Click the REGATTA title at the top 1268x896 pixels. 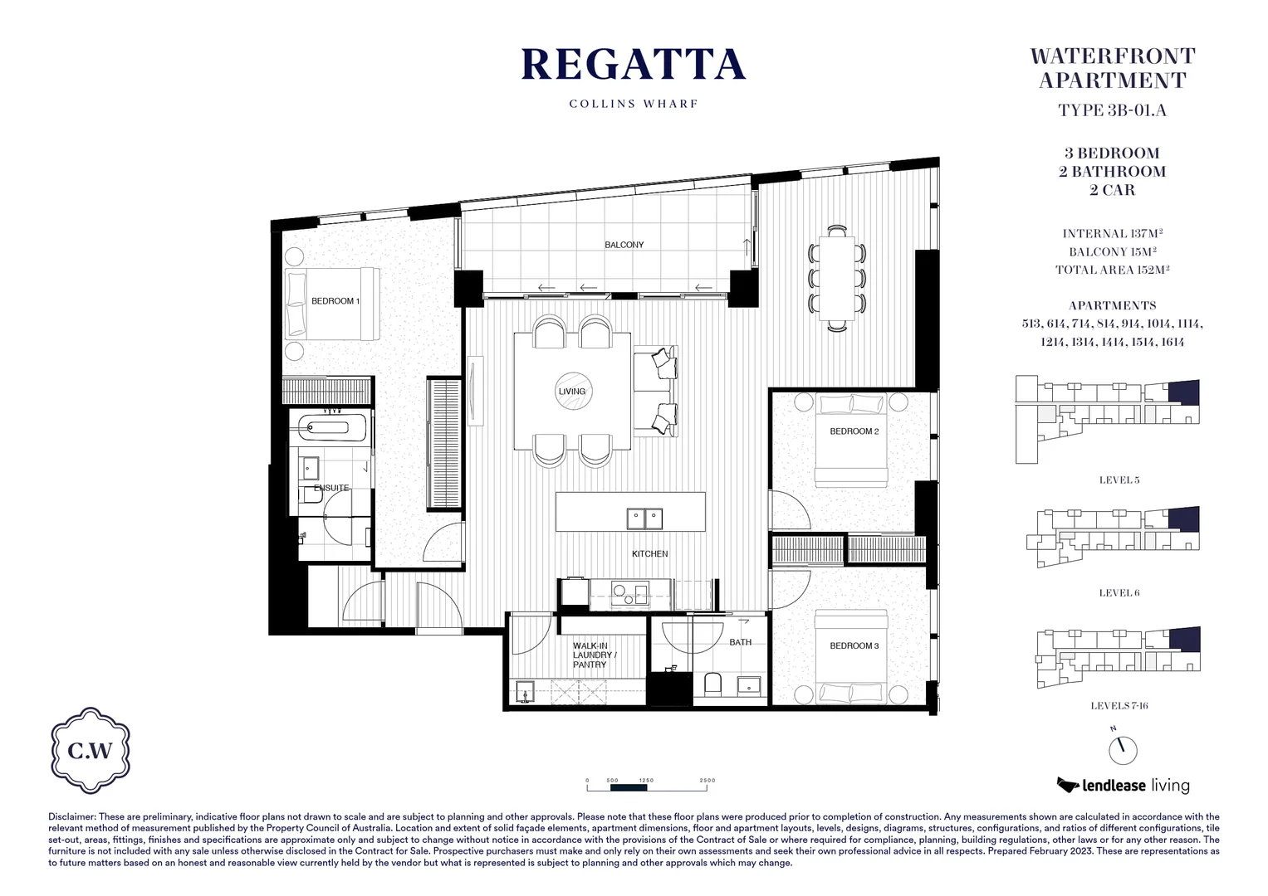coord(633,66)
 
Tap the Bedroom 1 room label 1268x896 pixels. coord(335,301)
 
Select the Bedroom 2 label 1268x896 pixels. coord(854,431)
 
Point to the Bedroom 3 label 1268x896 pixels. coord(854,645)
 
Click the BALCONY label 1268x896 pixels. coord(624,245)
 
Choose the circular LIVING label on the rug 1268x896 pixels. coord(571,392)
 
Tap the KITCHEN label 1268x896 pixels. coord(649,553)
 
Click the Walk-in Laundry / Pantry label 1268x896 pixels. coord(590,655)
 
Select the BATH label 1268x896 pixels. coord(740,642)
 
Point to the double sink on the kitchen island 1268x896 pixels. coord(644,519)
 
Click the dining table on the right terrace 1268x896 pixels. coord(836,279)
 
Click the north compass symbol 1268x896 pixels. coord(1123,750)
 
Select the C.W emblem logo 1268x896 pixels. coord(91,752)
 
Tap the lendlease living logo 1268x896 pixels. coord(1123,785)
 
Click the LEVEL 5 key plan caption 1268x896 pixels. coord(1119,480)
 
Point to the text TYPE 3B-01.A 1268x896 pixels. coord(1112,110)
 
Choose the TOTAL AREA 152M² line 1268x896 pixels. coord(1112,270)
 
